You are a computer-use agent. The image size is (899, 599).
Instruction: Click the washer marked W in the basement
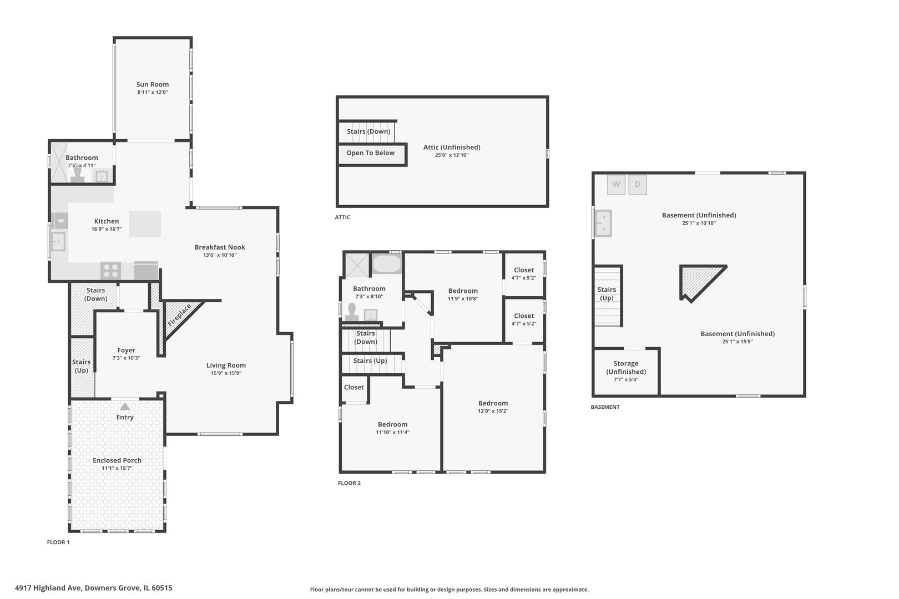click(616, 185)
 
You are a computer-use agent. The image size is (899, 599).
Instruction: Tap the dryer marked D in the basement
click(637, 185)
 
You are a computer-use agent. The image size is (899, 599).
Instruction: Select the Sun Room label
click(153, 84)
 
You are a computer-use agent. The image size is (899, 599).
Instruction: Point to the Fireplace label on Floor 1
click(179, 316)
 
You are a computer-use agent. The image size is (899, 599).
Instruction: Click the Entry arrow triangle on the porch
click(125, 407)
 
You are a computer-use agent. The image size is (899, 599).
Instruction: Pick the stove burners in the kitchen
click(110, 270)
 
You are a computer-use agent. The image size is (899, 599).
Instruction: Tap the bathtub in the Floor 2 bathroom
click(386, 263)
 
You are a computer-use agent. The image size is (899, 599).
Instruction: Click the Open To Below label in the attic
click(371, 153)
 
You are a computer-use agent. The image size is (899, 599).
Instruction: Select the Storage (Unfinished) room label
click(626, 368)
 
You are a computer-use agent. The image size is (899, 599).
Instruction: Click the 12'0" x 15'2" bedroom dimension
click(493, 411)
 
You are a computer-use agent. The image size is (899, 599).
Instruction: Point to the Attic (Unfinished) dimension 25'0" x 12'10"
click(452, 155)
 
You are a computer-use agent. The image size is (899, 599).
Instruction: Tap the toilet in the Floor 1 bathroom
click(78, 175)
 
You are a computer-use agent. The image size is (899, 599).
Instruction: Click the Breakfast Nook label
click(220, 247)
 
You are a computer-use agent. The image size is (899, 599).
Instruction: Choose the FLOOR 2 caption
click(349, 483)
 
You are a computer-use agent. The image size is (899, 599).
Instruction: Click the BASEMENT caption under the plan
click(605, 407)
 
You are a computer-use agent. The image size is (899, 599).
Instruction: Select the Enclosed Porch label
click(117, 460)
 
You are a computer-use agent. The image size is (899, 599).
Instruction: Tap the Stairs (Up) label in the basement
click(607, 294)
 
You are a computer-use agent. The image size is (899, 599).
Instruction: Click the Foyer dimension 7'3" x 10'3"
click(126, 358)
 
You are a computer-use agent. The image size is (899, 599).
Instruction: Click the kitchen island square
click(145, 224)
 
